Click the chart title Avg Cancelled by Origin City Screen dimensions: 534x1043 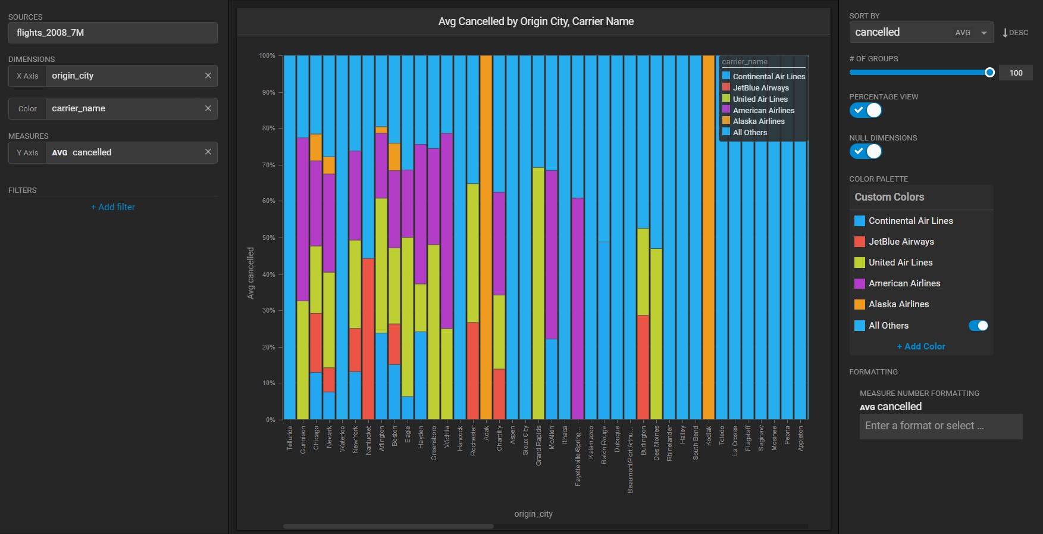pos(535,21)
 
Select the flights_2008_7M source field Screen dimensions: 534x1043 pos(113,33)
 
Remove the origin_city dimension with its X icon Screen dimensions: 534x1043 pos(208,76)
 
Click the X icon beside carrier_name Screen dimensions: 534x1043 pos(208,108)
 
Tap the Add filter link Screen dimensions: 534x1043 pos(113,207)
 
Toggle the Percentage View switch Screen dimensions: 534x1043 pos(866,110)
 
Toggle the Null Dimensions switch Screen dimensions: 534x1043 pos(866,151)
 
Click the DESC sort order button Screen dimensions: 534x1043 pos(1015,33)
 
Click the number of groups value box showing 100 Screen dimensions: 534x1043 pos(1016,73)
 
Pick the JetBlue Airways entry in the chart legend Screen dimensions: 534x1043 pos(760,88)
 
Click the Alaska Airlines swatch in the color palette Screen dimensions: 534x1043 pos(860,304)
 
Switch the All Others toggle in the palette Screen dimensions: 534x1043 pos(978,326)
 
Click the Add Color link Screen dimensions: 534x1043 pos(921,346)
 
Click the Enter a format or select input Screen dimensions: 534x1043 pos(941,426)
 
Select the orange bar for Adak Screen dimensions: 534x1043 pos(486,238)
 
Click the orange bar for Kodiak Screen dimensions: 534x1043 pos(709,238)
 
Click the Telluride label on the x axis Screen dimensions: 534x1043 pos(290,438)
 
